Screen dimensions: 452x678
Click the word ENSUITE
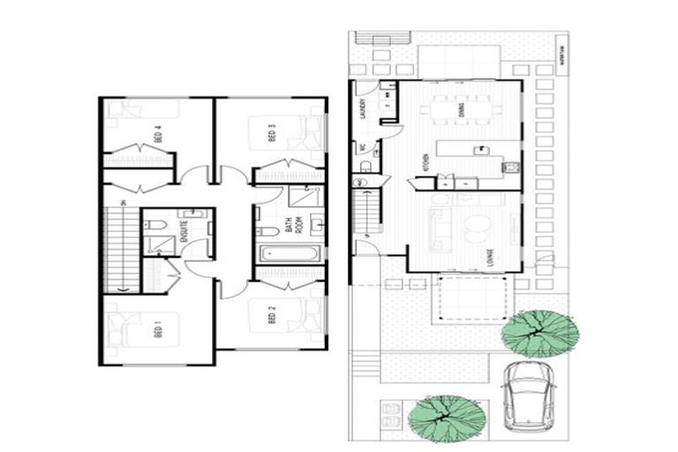[x=185, y=232]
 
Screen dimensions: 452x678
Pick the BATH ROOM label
[x=288, y=224]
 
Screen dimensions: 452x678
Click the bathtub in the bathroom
[x=288, y=254]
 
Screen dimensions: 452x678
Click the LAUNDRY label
[x=363, y=107]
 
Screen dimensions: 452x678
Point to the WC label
[x=362, y=148]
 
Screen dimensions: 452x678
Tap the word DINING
[x=462, y=109]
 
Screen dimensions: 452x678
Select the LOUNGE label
[x=488, y=257]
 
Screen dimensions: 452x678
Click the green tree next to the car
[x=539, y=331]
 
